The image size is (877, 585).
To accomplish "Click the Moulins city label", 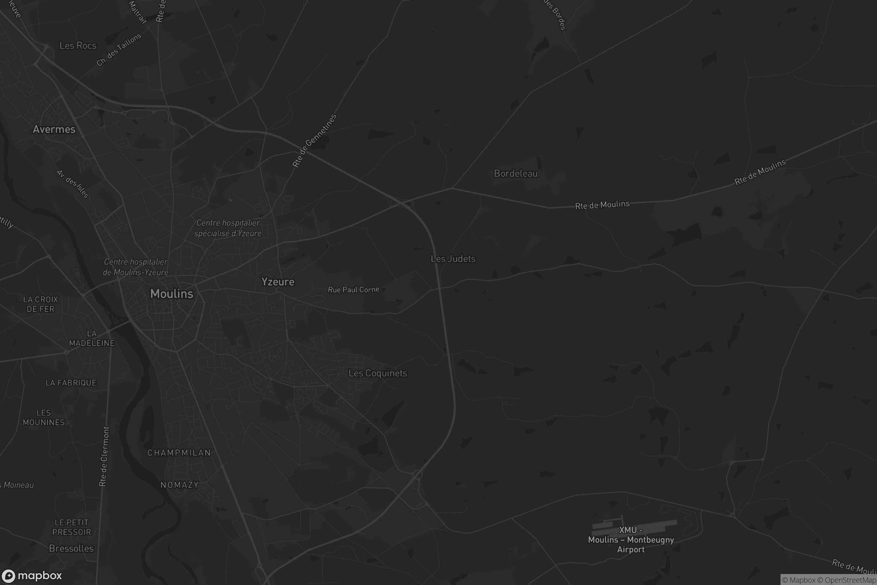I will coord(171,294).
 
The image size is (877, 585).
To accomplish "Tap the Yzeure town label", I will coord(278,282).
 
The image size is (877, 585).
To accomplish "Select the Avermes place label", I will coord(54,129).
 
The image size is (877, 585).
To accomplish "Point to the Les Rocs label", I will coord(78,45).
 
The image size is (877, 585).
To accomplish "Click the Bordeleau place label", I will coord(516,173).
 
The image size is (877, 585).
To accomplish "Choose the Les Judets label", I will coord(453,258).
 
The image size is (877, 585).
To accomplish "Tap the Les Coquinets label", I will coord(378,373).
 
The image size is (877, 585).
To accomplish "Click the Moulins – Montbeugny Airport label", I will coord(631,540).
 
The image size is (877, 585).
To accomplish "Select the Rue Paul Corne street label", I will coord(353,290).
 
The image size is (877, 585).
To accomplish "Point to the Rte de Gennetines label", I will coord(314,141).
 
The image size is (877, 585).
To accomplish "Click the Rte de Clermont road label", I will coord(104,457).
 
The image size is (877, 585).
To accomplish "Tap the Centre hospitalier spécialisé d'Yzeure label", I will coord(228,228).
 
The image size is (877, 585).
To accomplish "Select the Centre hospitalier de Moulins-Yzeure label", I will coord(136,267).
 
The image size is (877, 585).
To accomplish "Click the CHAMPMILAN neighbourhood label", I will coord(179,453).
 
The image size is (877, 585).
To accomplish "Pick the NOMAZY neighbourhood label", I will coord(179,485).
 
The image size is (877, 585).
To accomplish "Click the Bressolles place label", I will coord(71,548).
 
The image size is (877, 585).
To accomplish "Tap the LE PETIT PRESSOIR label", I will coord(72,527).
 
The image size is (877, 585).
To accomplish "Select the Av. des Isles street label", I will coord(72,184).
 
